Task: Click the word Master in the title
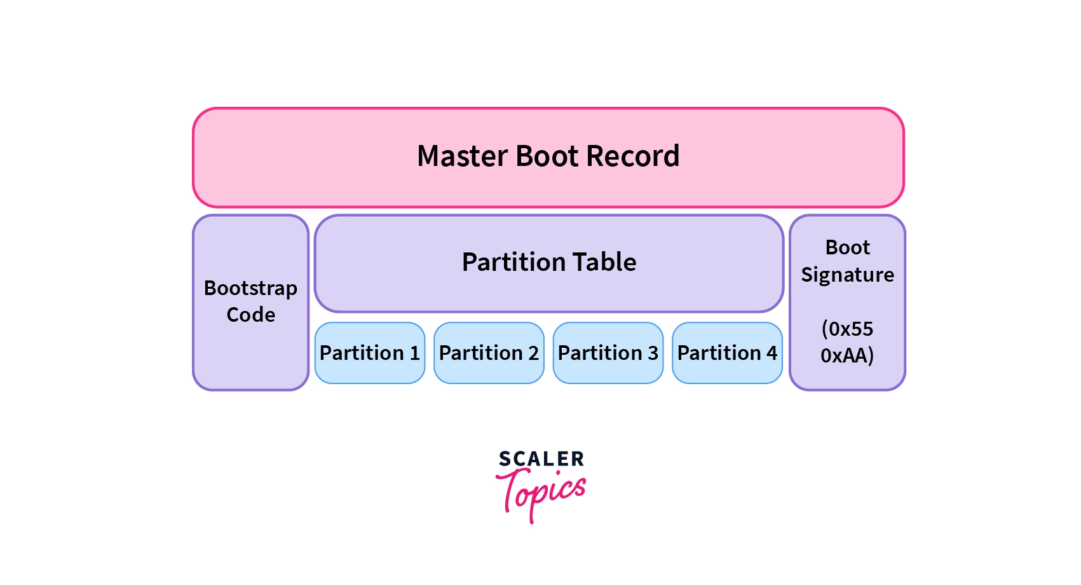(x=461, y=156)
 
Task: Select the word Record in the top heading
(x=632, y=156)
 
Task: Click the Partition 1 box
(x=370, y=353)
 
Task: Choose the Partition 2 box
(x=489, y=353)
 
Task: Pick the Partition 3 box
(x=608, y=353)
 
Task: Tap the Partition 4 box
(x=727, y=353)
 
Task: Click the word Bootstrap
(x=250, y=289)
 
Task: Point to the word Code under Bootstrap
(x=250, y=315)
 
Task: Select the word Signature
(x=847, y=275)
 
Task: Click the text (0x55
(x=847, y=329)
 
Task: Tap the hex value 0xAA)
(x=847, y=355)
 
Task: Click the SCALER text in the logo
(x=541, y=459)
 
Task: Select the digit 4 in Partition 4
(x=772, y=353)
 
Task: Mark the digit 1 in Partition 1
(x=414, y=353)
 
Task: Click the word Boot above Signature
(x=847, y=247)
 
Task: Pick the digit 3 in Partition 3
(x=653, y=353)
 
